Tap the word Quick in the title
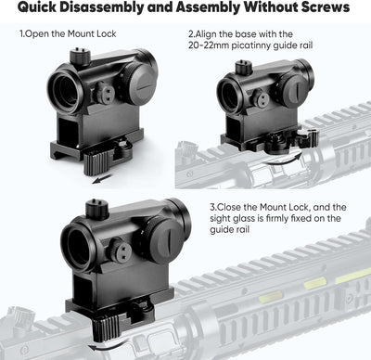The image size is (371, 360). [36, 8]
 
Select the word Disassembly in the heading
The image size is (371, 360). [101, 8]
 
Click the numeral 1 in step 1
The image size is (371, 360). [21, 33]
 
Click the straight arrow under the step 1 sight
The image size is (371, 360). [101, 179]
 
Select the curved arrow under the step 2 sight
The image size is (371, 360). [283, 159]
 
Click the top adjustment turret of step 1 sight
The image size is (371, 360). [81, 57]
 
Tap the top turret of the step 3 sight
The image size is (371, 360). [96, 207]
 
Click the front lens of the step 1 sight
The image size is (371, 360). [66, 89]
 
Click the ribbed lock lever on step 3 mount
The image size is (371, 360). [105, 327]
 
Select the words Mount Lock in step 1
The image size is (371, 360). [92, 33]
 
